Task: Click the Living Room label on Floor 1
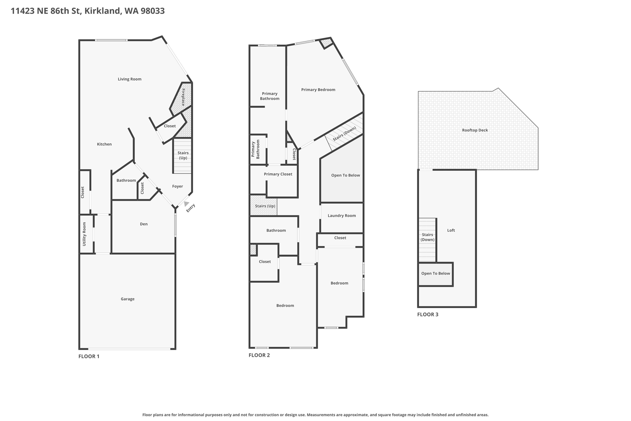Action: (x=129, y=79)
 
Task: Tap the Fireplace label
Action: (x=183, y=97)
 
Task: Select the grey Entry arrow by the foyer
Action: (x=186, y=204)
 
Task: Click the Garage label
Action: (x=128, y=299)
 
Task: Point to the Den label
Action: (x=144, y=224)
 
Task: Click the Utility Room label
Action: (x=84, y=234)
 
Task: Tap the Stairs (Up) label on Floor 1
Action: (x=183, y=155)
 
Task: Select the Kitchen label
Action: (x=104, y=144)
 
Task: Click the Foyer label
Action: (x=177, y=186)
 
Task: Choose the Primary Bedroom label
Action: (x=318, y=90)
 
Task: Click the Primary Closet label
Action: (x=278, y=174)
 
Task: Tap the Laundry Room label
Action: (x=342, y=216)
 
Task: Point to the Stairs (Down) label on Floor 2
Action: (x=344, y=134)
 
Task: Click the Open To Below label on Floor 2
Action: (x=345, y=175)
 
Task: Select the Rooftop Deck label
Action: (x=475, y=130)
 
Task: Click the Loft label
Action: (x=451, y=230)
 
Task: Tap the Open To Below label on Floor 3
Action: (x=435, y=273)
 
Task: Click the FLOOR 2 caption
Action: (x=259, y=355)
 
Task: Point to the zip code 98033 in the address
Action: (x=153, y=11)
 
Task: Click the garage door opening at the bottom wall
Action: (x=129, y=349)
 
